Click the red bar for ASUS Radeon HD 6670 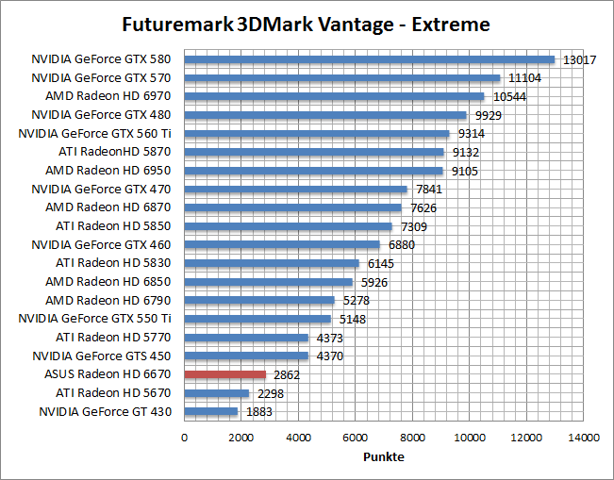coord(225,374)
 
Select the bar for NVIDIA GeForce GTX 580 coord(369,59)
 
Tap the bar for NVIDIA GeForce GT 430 coord(211,411)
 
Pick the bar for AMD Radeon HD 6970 coord(334,96)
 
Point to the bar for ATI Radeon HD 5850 coord(288,226)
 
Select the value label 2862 coord(287,374)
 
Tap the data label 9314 coord(472,134)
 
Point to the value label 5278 coord(357,301)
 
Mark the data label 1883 coord(258,412)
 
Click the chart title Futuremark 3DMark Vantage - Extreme coord(307,22)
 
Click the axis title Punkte coord(384,457)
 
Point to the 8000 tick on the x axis coord(412,438)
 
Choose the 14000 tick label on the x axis coord(584,438)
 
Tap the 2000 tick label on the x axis coord(241,438)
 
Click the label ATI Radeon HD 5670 coord(113,393)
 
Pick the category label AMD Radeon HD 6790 coord(108,301)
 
